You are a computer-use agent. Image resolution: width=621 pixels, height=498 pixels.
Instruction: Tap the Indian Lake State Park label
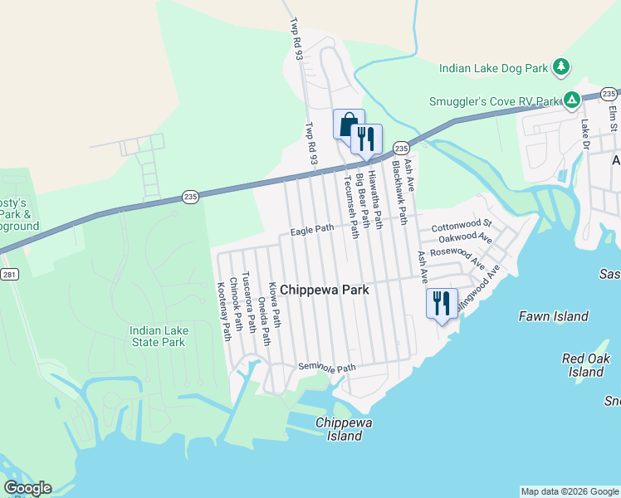click(158, 336)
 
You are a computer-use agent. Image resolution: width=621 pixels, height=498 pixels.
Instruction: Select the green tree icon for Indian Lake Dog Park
click(562, 66)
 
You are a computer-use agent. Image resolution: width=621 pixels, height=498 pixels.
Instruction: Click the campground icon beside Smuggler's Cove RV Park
click(572, 100)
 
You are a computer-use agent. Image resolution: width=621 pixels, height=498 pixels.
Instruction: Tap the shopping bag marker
click(349, 124)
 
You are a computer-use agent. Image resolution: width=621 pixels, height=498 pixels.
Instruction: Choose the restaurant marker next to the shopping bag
click(366, 139)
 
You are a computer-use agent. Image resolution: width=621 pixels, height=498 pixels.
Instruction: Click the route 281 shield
click(9, 275)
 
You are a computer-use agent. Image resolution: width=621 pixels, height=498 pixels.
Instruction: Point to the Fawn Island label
click(553, 316)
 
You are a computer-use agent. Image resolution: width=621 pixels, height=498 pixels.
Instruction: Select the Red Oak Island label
click(585, 365)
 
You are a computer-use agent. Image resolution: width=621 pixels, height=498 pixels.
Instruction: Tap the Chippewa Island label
click(345, 429)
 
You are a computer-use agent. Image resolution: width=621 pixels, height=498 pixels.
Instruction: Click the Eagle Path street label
click(311, 229)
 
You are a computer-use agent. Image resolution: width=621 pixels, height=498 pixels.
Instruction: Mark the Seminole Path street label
click(326, 368)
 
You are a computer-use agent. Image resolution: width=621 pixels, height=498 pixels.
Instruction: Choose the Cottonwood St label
click(462, 224)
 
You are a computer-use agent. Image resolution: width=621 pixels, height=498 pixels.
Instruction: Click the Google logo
click(27, 488)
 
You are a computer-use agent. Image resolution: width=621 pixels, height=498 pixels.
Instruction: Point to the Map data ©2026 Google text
click(570, 491)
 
